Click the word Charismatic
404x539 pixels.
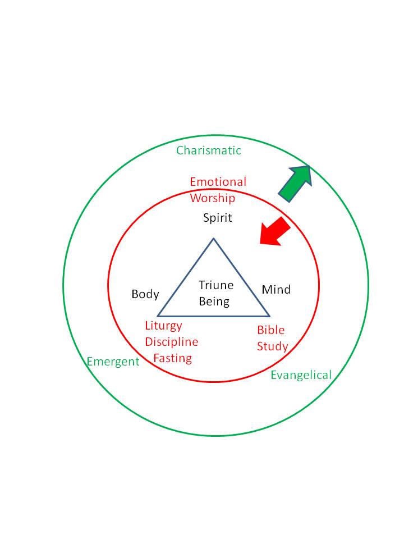point(209,150)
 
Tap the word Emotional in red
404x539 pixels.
point(218,182)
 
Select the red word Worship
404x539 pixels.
point(212,198)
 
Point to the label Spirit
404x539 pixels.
point(217,218)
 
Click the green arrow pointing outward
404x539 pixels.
point(295,183)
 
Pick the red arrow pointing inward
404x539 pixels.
point(274,231)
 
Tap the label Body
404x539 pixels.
point(145,294)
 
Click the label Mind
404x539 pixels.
point(276,290)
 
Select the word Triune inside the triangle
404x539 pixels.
point(216,285)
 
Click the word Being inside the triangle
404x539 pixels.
point(214,302)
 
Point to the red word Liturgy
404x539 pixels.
point(163,326)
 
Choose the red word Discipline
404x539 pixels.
point(171,342)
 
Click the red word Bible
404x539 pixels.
point(271,330)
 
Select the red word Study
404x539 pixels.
point(272,346)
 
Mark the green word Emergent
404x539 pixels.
point(113,362)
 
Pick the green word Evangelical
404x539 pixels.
point(301,375)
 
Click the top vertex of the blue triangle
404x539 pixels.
point(213,239)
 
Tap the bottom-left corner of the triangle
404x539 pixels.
point(158,316)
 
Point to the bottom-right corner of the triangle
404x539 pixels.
point(270,316)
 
